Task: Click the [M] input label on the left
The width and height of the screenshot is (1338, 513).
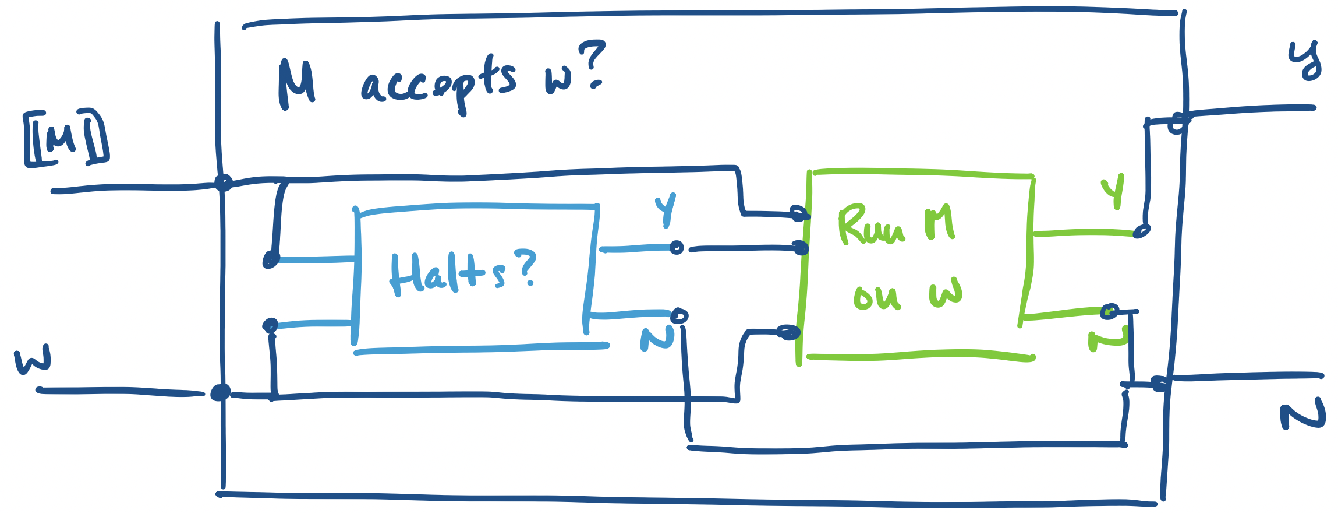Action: tap(66, 138)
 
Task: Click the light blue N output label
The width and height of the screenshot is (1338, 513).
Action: tap(657, 338)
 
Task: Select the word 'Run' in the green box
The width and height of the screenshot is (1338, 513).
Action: tap(871, 226)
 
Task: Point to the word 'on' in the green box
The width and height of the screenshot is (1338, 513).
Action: tap(877, 297)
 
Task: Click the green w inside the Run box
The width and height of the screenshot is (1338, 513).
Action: tap(946, 292)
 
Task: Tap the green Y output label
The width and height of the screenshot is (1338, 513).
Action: tap(1113, 190)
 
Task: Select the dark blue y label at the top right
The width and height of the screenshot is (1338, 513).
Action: tap(1305, 61)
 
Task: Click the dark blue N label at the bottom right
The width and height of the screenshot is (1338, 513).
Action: tap(1302, 416)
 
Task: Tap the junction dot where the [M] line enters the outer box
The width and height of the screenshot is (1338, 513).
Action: tap(223, 182)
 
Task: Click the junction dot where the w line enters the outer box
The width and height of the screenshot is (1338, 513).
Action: tap(220, 392)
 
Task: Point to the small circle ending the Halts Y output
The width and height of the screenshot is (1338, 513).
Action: tap(676, 248)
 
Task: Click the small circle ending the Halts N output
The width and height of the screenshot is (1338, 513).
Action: tap(679, 316)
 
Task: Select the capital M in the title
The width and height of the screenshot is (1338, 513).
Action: tap(297, 85)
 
